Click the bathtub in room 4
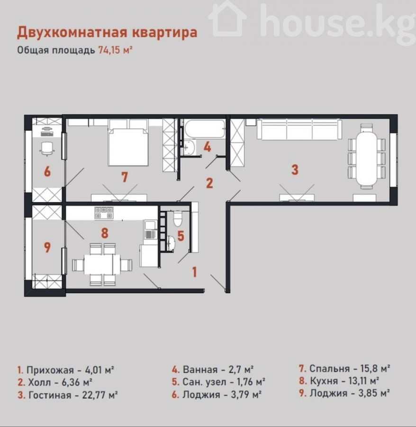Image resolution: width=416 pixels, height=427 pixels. (x=205, y=129)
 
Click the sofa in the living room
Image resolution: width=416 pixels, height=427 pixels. (x=299, y=129)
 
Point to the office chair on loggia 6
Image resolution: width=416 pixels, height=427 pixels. (x=47, y=149)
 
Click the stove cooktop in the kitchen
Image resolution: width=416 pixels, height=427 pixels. (x=104, y=213)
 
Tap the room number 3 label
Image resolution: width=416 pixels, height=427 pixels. (x=295, y=169)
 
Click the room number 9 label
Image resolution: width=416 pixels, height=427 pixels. (x=47, y=248)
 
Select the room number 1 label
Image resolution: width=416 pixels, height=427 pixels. (x=194, y=272)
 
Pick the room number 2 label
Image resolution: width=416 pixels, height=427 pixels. (x=209, y=183)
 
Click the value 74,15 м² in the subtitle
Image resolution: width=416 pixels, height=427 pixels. (x=115, y=50)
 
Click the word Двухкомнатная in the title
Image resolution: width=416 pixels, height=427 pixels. (x=72, y=32)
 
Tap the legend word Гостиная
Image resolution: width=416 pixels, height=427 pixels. (x=50, y=395)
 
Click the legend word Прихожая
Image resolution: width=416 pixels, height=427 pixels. (x=50, y=370)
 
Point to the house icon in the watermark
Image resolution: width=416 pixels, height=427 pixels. (x=227, y=19)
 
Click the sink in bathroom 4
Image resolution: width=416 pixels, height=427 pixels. (x=189, y=148)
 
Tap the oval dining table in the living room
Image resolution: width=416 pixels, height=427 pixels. (x=367, y=158)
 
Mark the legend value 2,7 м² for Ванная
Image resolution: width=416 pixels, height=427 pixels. (x=238, y=370)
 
